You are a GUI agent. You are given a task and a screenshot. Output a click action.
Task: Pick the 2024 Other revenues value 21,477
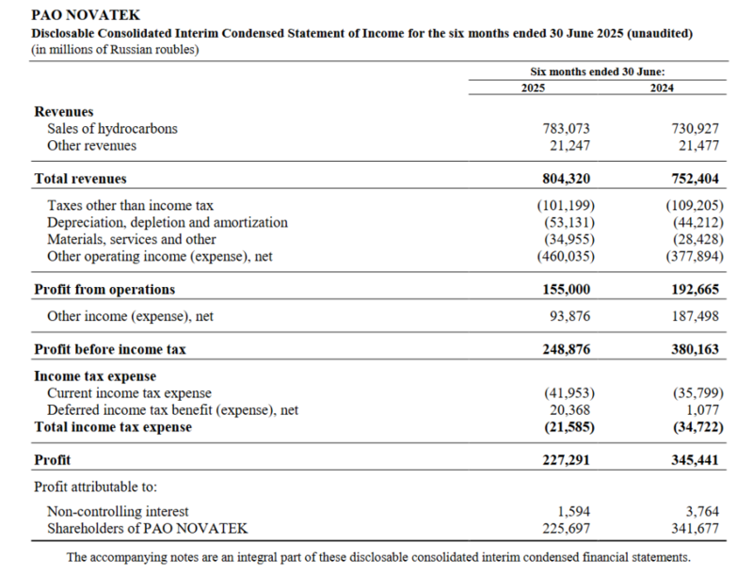click(699, 145)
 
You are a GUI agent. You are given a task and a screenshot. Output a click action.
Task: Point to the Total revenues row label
click(80, 178)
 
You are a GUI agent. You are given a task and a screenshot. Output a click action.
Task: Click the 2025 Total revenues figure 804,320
click(566, 178)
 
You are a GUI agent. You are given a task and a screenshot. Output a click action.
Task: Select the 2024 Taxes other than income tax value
click(692, 205)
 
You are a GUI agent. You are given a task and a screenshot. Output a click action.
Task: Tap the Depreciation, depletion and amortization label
click(168, 222)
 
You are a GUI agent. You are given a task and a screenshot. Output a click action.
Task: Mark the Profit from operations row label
click(104, 290)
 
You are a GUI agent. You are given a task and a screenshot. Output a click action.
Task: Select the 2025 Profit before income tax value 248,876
click(566, 349)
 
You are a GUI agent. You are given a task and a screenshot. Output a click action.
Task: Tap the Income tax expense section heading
click(94, 376)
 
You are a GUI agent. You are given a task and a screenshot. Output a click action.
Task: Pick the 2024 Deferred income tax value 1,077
click(703, 410)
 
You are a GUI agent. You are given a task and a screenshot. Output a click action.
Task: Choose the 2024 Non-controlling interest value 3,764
click(703, 511)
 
